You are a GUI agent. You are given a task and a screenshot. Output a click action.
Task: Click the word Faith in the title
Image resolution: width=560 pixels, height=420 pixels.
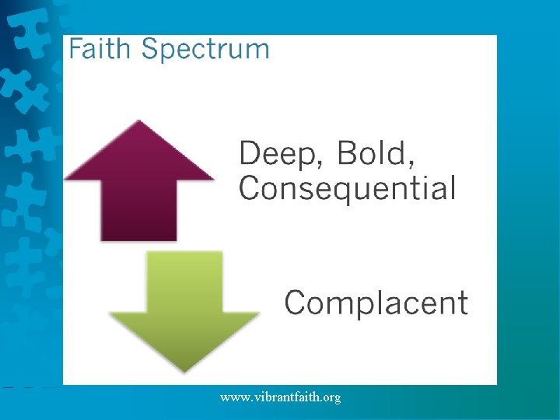(x=101, y=50)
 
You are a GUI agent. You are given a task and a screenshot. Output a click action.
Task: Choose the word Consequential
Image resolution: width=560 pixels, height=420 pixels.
(x=347, y=188)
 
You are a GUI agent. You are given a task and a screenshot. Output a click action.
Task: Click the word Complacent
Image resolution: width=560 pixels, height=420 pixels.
(x=376, y=303)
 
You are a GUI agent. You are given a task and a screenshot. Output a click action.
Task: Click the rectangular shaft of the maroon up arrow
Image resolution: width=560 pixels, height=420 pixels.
(x=138, y=210)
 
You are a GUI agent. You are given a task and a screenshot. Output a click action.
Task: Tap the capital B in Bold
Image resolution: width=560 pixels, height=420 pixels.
(x=347, y=153)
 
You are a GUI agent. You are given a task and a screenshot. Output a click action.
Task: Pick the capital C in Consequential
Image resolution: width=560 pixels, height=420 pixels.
(x=250, y=188)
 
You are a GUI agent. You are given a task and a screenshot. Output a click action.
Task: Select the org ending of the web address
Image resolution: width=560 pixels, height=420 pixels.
(x=331, y=398)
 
